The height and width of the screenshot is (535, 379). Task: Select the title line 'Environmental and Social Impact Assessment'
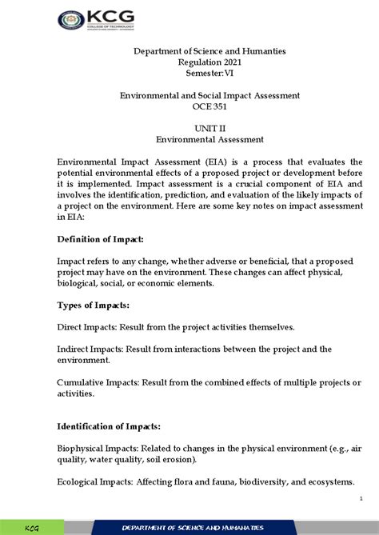(209, 95)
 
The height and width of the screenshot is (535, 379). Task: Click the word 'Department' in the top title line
(153, 51)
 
